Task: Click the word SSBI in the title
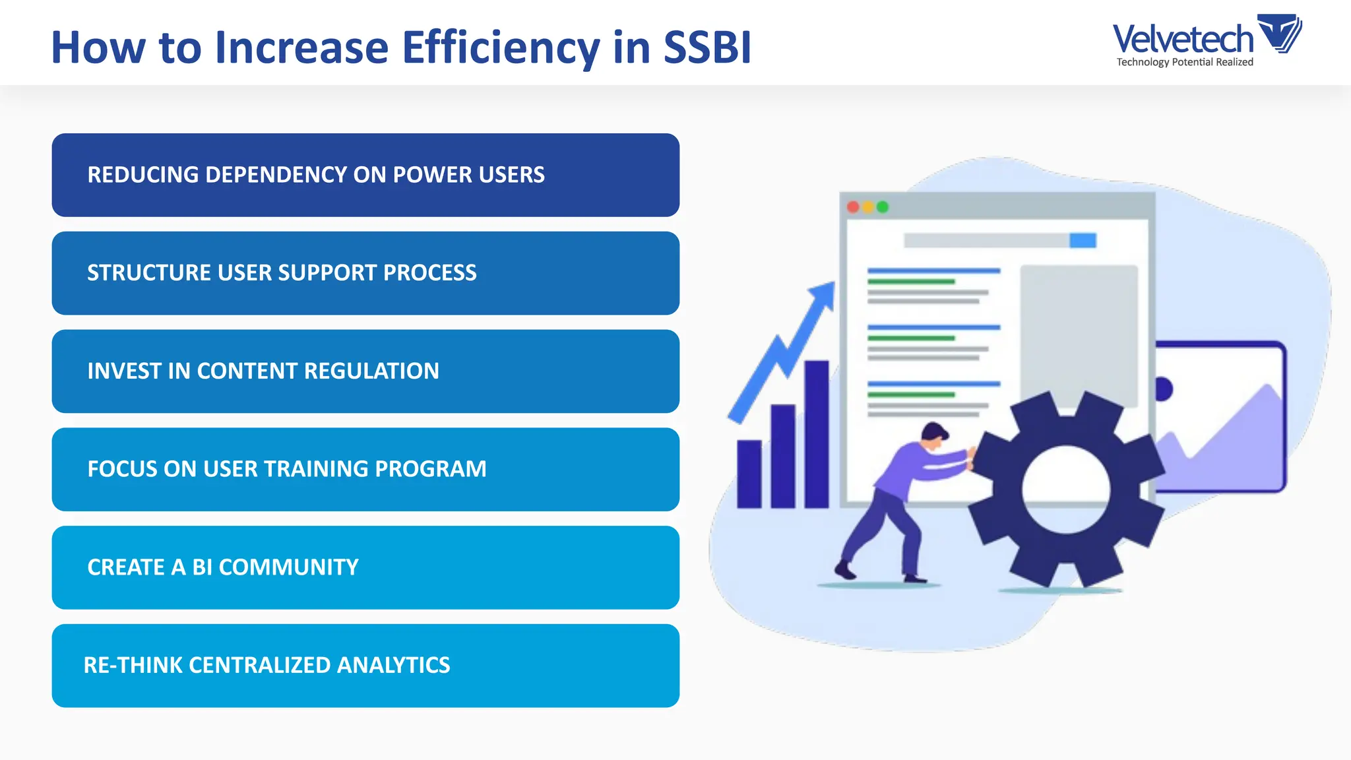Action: pos(707,47)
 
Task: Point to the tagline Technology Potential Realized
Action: pos(1185,62)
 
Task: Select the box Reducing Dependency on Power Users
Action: pos(365,175)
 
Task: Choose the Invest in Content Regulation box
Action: pos(365,371)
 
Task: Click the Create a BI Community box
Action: pos(365,567)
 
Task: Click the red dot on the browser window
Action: pos(853,207)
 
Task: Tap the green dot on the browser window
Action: pos(883,207)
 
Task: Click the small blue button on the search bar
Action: pos(1083,240)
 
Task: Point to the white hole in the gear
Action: pos(1066,489)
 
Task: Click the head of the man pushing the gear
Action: pos(935,436)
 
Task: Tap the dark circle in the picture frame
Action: pos(1164,389)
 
